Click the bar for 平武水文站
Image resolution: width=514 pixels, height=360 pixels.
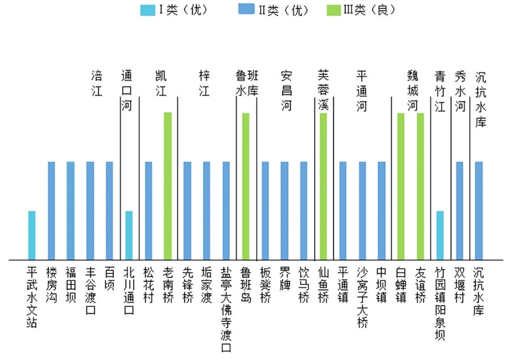[x=31, y=235]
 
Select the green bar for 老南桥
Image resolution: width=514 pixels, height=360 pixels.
[x=168, y=186]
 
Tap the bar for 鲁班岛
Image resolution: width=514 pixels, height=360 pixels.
[x=245, y=186]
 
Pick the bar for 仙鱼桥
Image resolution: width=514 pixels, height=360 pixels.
[x=323, y=186]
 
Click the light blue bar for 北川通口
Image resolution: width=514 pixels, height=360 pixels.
[x=129, y=235]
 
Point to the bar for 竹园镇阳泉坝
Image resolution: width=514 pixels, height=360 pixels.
[x=440, y=235]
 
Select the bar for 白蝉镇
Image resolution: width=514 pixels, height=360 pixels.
[x=401, y=186]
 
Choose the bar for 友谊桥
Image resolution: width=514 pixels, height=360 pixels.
[x=420, y=186]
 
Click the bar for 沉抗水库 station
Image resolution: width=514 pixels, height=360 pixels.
[x=478, y=211]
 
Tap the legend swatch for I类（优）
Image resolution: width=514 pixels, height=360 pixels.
[x=146, y=10]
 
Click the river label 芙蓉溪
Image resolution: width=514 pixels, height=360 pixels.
[x=323, y=90]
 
